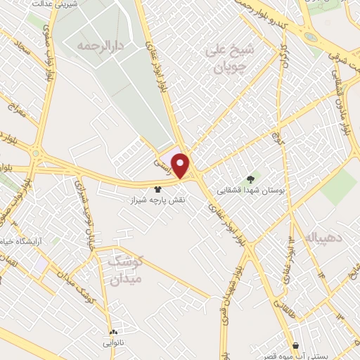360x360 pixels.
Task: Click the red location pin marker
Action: (x=181, y=165)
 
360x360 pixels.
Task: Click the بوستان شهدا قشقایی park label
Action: (x=251, y=189)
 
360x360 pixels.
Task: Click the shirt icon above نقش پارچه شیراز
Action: (x=157, y=188)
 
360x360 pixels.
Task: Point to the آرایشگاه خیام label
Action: (x=25, y=240)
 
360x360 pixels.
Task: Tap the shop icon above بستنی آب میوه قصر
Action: (x=295, y=345)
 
